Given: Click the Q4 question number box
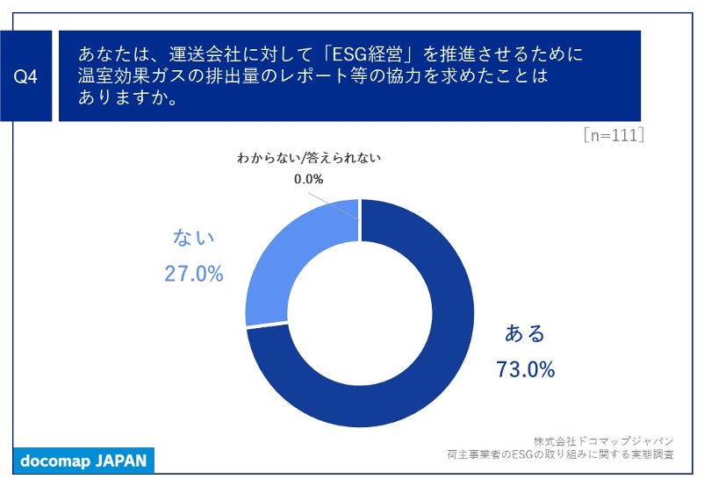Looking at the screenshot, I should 26,76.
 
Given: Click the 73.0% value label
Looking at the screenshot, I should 526,369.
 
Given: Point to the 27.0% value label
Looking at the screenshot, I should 193,273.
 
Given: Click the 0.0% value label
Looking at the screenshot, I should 308,179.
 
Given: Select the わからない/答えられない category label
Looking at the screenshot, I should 308,159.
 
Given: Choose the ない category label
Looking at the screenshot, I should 193,238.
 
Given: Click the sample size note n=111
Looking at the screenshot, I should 614,135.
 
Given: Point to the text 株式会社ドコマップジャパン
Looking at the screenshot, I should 603,440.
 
